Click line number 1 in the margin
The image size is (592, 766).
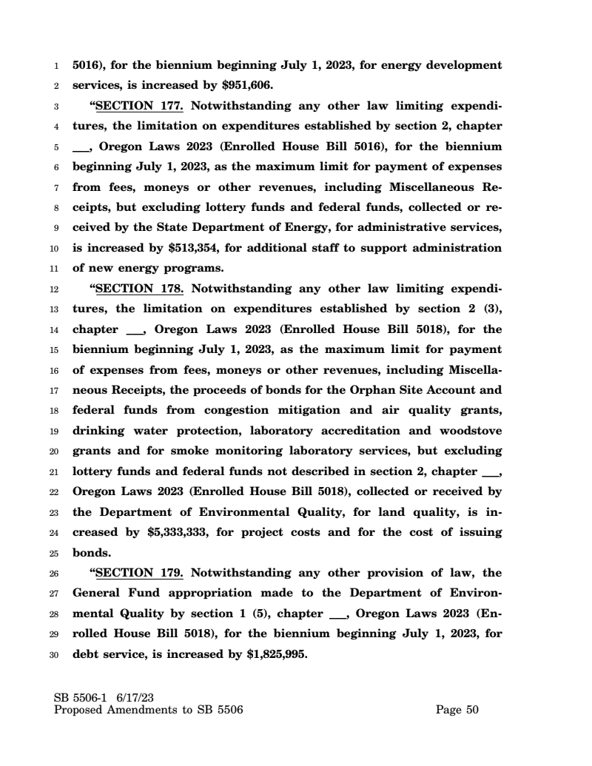tap(58, 65)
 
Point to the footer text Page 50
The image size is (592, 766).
tap(457, 710)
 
